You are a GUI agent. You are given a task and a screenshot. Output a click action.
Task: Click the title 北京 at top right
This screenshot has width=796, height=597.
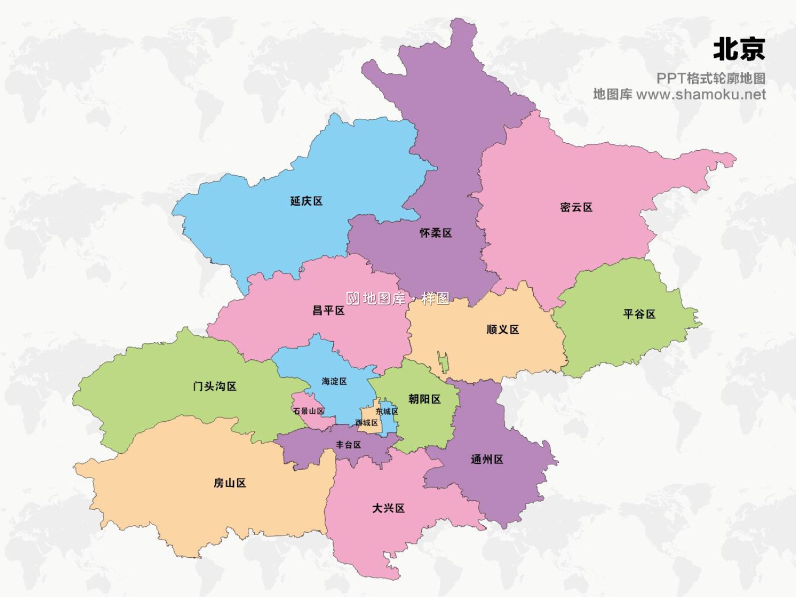point(739,49)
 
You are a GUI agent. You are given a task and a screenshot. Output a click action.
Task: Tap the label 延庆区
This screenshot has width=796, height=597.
point(306,201)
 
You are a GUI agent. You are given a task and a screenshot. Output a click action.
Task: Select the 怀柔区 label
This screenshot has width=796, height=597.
point(436,233)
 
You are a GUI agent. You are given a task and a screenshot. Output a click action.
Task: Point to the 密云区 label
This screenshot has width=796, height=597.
point(576,207)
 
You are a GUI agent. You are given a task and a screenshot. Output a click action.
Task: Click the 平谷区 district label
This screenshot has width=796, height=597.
point(639,314)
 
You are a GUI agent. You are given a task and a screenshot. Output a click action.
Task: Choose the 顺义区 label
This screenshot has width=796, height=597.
point(503,330)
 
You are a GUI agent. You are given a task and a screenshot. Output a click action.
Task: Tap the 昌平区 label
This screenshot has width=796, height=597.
point(328,310)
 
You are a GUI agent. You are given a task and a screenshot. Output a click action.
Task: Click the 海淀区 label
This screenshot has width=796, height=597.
point(334,381)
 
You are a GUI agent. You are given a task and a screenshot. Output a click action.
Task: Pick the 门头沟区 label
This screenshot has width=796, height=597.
point(214,386)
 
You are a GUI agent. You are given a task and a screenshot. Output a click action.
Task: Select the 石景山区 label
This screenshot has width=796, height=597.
point(308,411)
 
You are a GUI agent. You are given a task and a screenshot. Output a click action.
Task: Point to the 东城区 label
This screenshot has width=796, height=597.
point(387,411)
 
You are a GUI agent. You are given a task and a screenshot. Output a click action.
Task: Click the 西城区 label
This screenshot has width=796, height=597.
point(367,422)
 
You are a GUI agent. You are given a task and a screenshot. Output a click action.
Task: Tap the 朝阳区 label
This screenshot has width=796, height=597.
point(425,399)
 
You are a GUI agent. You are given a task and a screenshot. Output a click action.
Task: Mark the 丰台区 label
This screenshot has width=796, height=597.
point(348,445)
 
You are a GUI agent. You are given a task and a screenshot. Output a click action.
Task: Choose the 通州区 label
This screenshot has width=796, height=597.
point(487,460)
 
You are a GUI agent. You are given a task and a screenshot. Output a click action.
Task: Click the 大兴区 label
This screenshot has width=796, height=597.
point(388,508)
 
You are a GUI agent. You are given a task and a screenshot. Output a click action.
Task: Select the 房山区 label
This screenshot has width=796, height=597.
point(229,483)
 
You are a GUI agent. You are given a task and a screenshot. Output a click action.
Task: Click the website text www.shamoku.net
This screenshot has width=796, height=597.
point(700,94)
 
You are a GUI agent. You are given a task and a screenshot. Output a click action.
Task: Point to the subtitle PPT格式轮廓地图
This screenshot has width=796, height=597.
point(711,79)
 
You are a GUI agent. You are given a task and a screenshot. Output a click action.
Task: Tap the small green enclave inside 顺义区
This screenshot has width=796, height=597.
point(443,362)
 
